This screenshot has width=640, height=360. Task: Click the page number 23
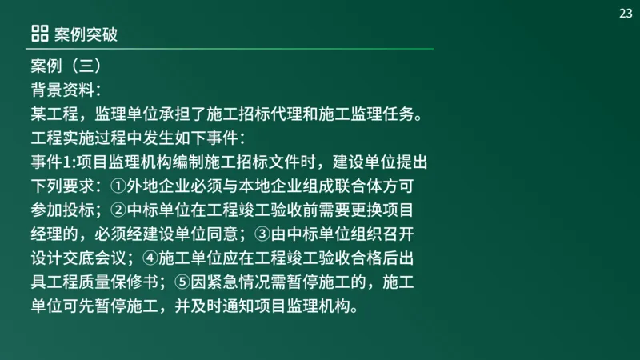tap(625, 13)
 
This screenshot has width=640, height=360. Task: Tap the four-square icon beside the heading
tap(39, 34)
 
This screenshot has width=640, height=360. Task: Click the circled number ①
tap(118, 186)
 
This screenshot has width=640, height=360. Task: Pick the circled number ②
tap(118, 210)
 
